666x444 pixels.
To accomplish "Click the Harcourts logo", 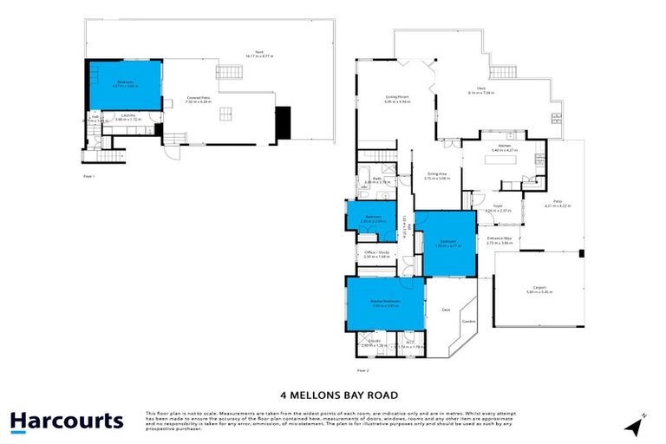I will [67, 421].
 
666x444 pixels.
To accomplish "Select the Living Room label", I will [397, 97].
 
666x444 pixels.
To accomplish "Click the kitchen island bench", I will [504, 160].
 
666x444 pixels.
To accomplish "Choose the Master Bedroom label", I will [385, 302].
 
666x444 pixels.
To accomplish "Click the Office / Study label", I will [375, 254].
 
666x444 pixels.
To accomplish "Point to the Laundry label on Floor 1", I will [127, 116].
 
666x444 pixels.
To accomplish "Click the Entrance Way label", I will [500, 238].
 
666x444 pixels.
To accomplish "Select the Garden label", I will [468, 321].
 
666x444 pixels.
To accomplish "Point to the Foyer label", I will [490, 206].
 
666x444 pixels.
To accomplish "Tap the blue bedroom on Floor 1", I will [125, 84].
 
